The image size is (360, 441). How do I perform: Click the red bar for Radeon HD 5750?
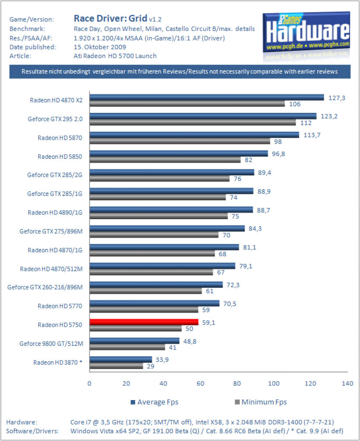(144, 322)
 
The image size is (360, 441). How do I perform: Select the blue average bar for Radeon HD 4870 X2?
(207, 97)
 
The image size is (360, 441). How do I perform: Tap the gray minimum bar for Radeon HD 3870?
(116, 366)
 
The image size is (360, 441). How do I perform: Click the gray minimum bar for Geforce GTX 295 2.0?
(193, 123)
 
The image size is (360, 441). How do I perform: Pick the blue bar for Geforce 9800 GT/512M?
(135, 341)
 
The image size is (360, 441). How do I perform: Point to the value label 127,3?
(337, 98)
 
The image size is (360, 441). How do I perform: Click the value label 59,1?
(209, 323)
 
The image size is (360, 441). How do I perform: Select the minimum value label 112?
(306, 123)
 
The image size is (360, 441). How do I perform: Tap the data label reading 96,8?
(279, 154)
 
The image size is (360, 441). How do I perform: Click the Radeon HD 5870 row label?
(60, 138)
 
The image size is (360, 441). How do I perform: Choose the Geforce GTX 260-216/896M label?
(45, 287)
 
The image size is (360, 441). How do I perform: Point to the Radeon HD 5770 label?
(60, 306)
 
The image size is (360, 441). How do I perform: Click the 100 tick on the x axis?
(274, 383)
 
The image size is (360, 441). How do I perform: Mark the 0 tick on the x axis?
(89, 383)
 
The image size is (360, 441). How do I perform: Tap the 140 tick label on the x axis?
(347, 383)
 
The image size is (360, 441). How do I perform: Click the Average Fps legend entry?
(154, 402)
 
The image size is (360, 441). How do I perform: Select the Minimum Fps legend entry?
(261, 402)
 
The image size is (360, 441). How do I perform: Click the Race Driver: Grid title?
(110, 19)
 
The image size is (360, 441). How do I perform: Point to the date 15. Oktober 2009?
(100, 47)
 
